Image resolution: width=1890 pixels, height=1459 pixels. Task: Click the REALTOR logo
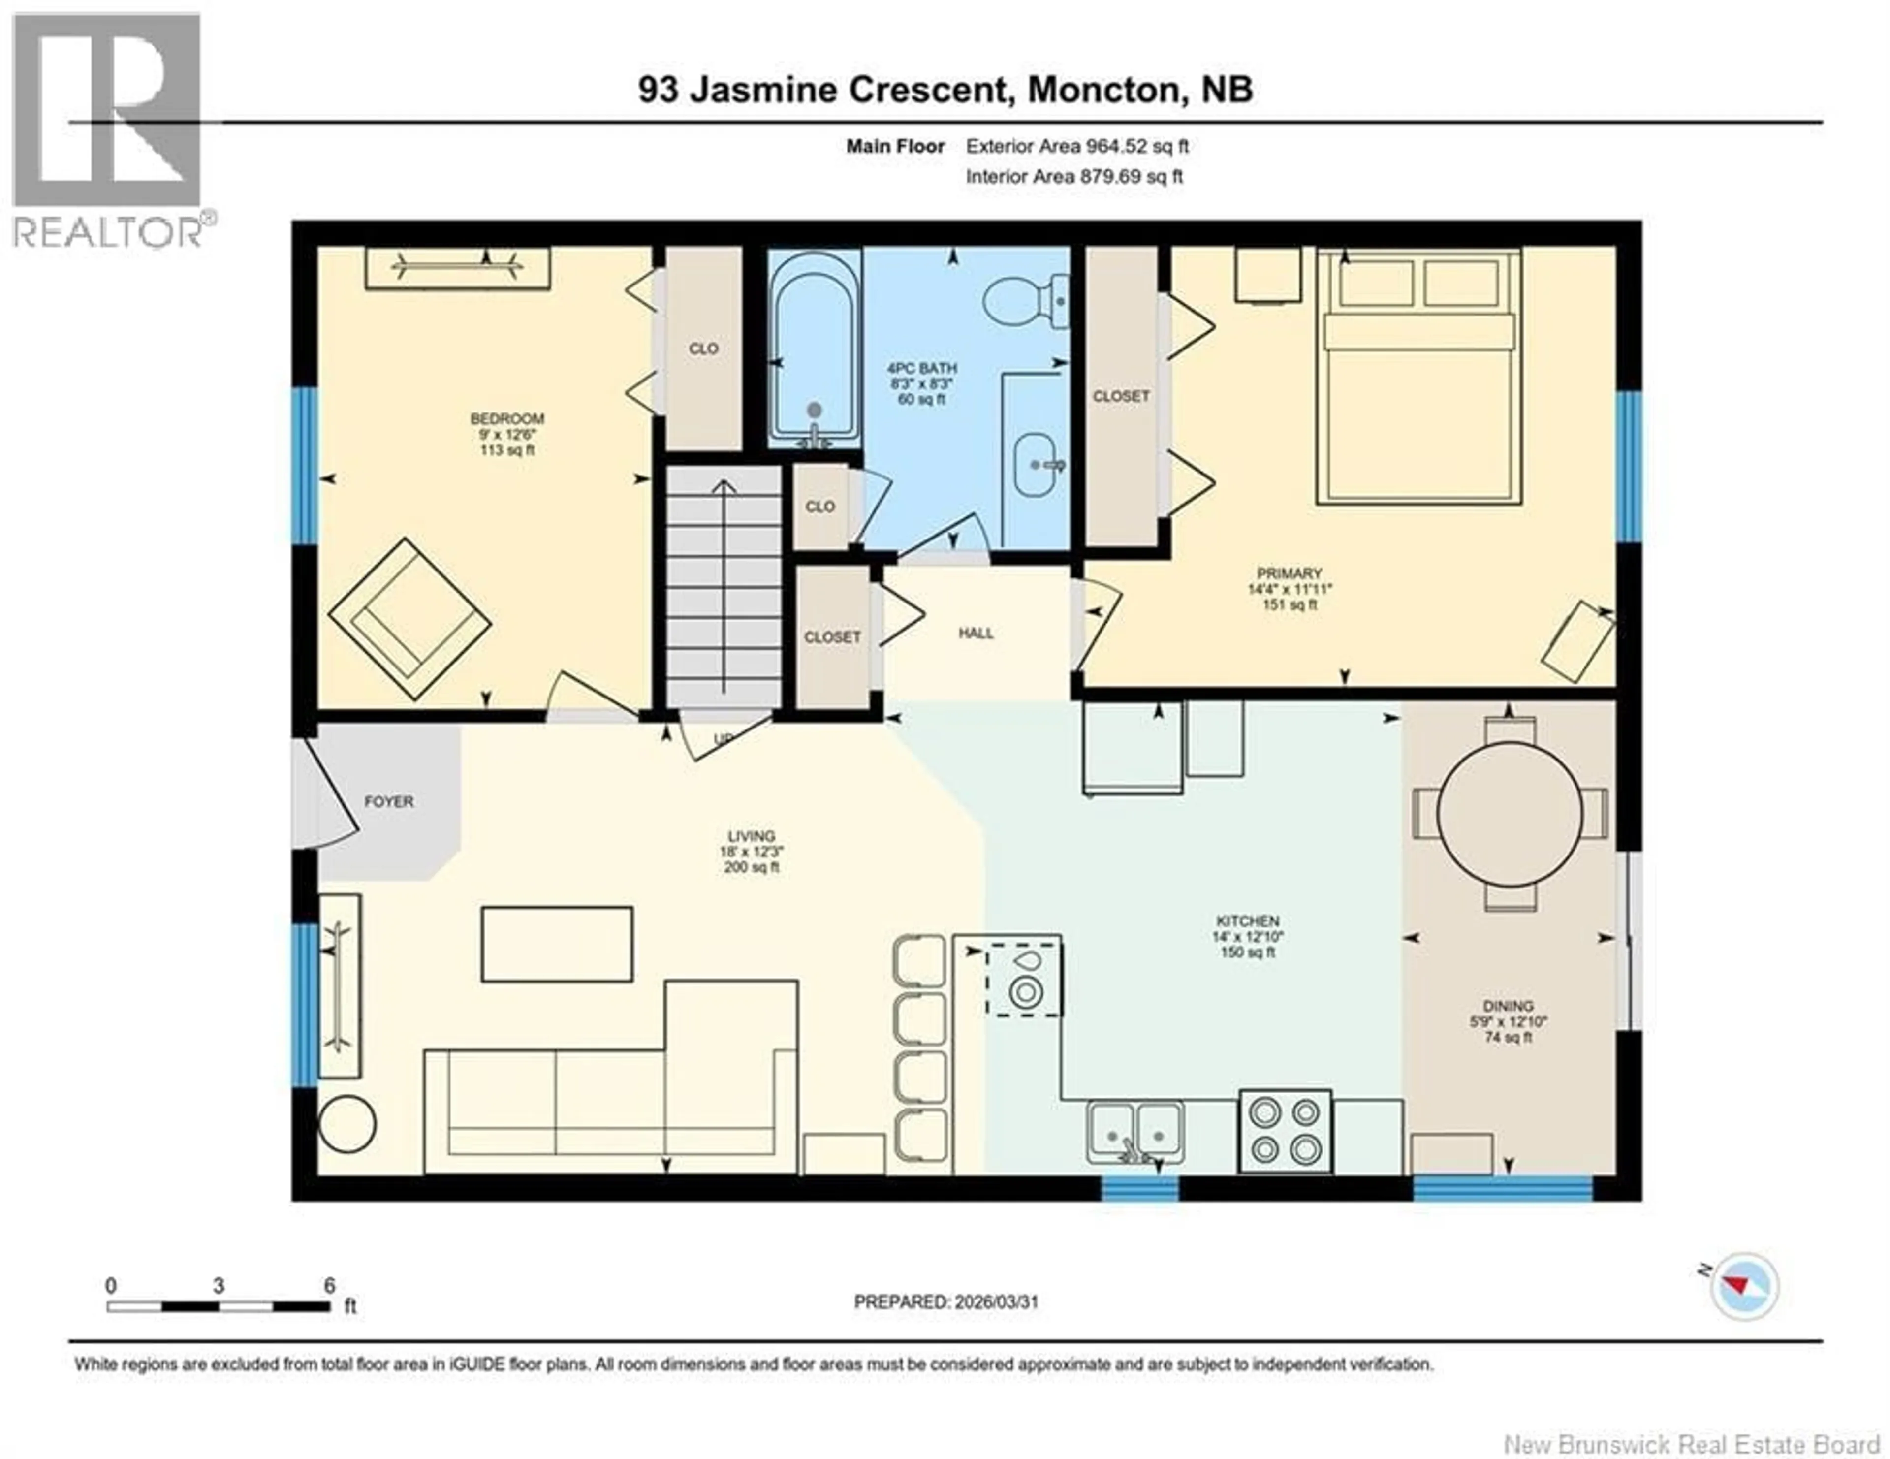108,130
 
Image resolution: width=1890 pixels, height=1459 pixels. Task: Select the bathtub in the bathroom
814,350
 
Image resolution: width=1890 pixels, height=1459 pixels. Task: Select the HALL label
976,634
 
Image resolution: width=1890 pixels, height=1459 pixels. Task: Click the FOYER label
388,802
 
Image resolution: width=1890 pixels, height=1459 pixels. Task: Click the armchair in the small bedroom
409,620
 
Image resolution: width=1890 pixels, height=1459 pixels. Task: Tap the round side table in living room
347,1124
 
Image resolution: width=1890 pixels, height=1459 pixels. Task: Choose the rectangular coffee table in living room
557,944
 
